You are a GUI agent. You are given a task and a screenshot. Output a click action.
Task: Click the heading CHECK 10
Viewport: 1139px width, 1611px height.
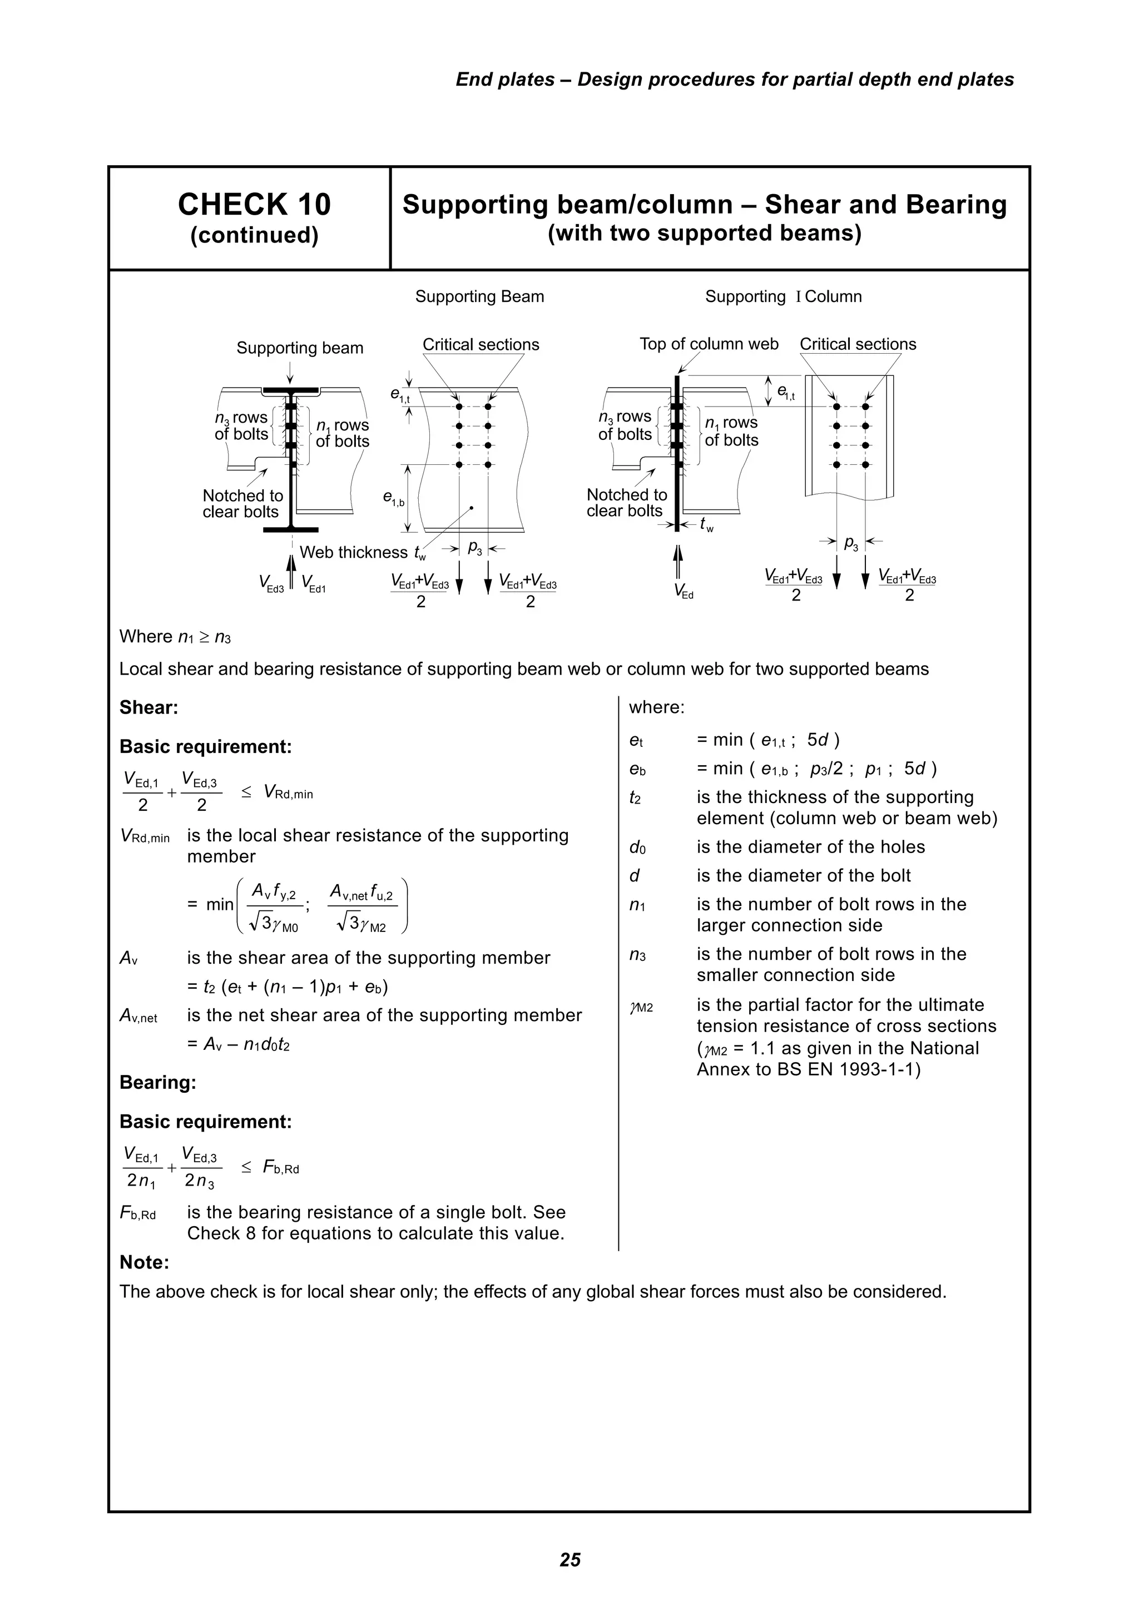click(x=254, y=205)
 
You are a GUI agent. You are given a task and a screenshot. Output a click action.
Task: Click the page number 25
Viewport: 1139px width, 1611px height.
click(x=570, y=1559)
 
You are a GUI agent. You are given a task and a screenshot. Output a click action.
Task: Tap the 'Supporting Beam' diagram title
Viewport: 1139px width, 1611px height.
click(x=479, y=297)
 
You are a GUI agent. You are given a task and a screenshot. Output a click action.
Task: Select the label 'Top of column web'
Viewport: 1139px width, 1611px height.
click(x=709, y=344)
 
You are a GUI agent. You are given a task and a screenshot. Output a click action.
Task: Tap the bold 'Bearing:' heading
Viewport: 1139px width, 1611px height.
click(x=157, y=1082)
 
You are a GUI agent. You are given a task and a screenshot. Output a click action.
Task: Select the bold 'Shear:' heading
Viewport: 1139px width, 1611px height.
click(x=149, y=707)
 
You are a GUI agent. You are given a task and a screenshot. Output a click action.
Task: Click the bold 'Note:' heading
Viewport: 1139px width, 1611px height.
click(x=145, y=1262)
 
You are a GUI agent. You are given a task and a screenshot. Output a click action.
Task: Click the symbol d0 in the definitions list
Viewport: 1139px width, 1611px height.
click(x=637, y=847)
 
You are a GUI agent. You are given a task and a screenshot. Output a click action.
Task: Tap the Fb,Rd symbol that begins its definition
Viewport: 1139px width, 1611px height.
click(x=137, y=1214)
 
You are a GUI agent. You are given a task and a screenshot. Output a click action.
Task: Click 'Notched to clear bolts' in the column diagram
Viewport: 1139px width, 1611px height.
click(x=626, y=503)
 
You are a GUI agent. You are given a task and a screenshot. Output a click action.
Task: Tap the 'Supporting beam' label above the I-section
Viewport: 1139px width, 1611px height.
click(x=300, y=348)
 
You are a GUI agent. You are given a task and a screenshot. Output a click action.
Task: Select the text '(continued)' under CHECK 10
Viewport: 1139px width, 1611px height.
click(x=254, y=235)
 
